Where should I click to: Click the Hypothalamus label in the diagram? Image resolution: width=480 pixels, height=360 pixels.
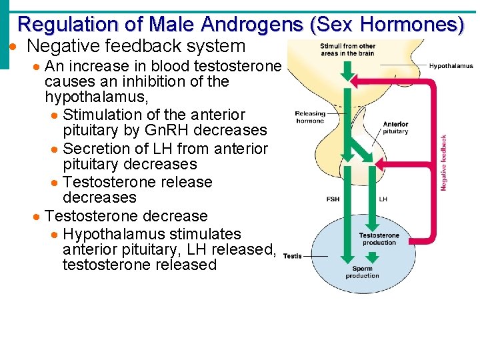coord(451,66)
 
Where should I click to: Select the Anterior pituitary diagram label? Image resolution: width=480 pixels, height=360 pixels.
coord(395,127)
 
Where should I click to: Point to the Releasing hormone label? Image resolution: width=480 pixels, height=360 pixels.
coord(309,117)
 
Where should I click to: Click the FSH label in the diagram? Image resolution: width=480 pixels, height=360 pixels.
coord(332,199)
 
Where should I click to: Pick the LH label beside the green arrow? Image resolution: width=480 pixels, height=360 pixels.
coord(383,199)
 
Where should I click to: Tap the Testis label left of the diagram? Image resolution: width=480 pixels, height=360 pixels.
coord(293,255)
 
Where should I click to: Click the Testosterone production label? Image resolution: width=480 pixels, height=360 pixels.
coord(379,239)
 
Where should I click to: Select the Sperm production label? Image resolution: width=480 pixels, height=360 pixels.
coord(363,272)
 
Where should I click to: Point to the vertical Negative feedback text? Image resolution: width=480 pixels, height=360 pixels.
coord(443,163)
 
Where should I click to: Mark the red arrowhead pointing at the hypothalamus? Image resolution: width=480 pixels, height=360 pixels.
coord(357,80)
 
